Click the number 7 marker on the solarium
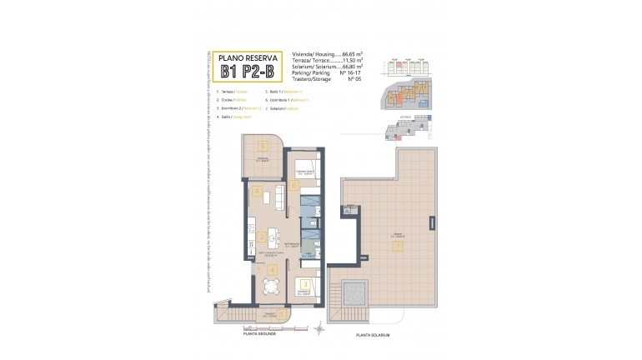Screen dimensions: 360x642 (399, 247)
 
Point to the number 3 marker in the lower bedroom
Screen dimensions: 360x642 (305, 284)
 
